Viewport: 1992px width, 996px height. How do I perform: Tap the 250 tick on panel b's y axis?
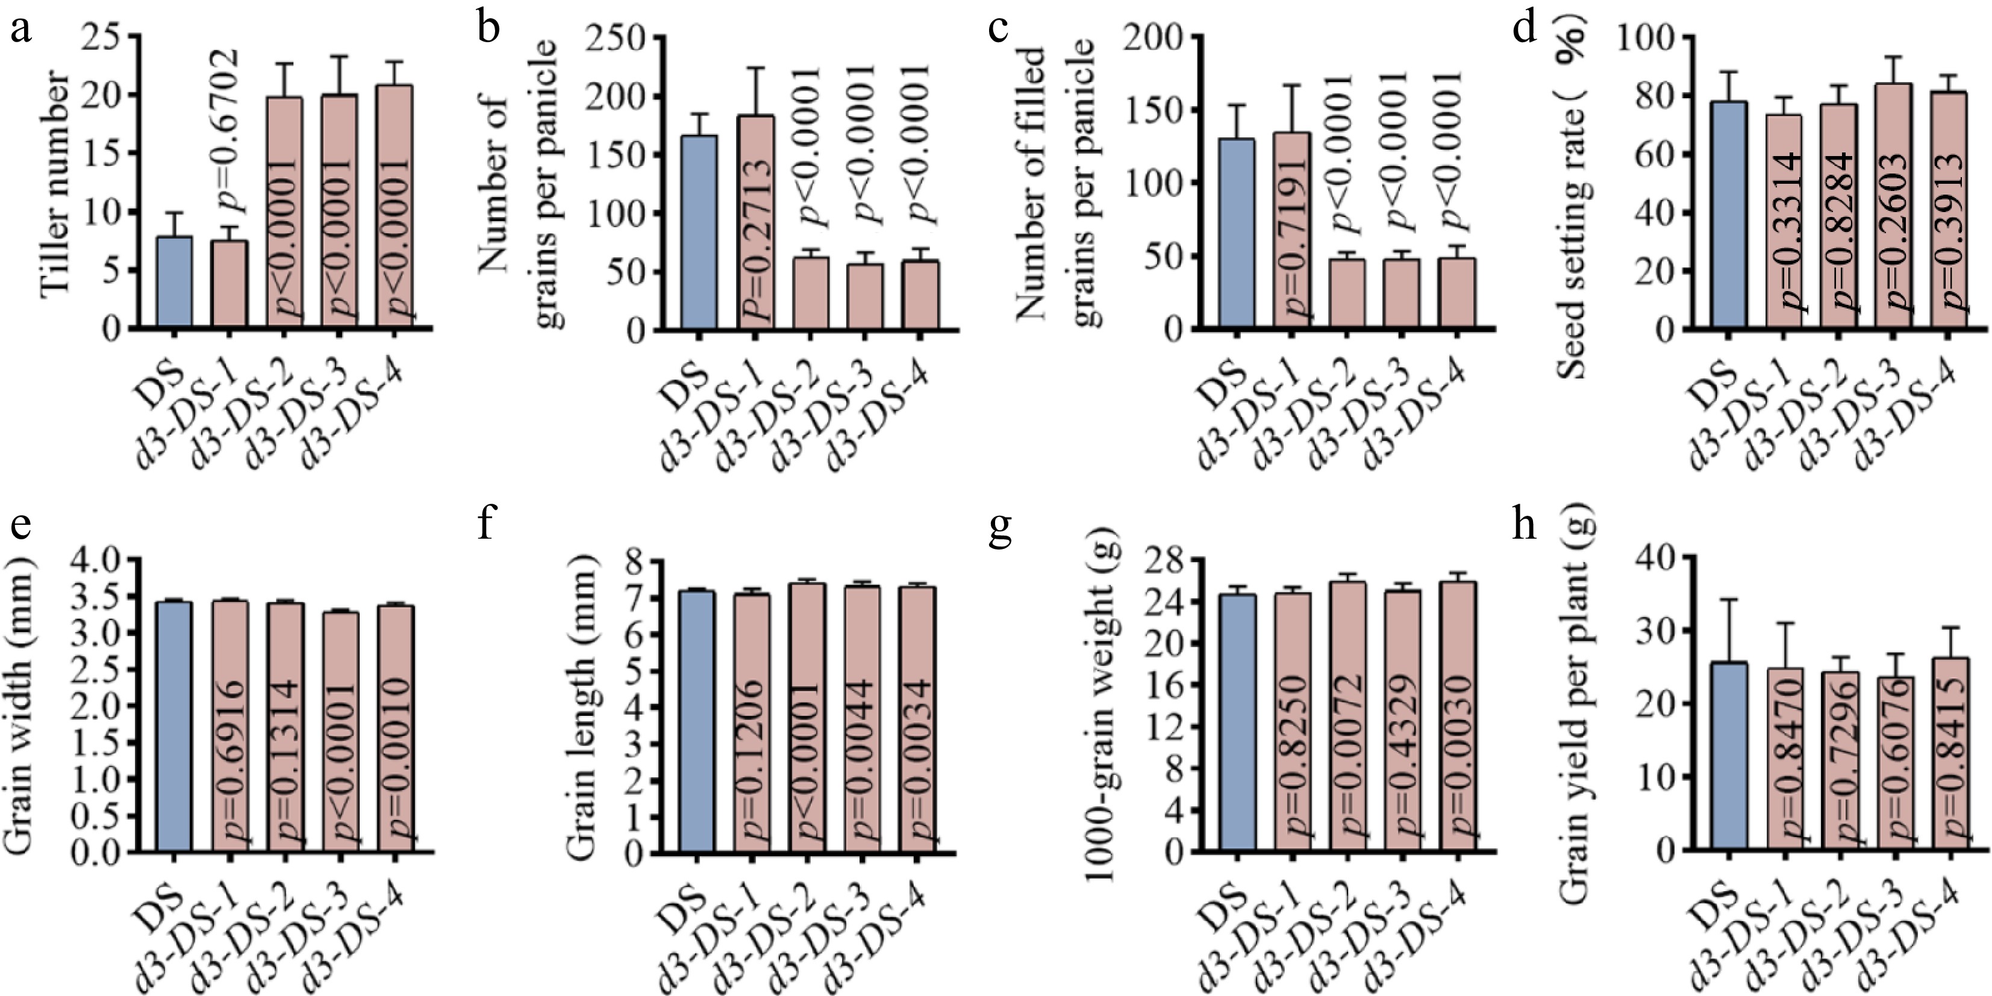point(615,37)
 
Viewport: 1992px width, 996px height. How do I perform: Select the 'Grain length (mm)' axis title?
point(583,704)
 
